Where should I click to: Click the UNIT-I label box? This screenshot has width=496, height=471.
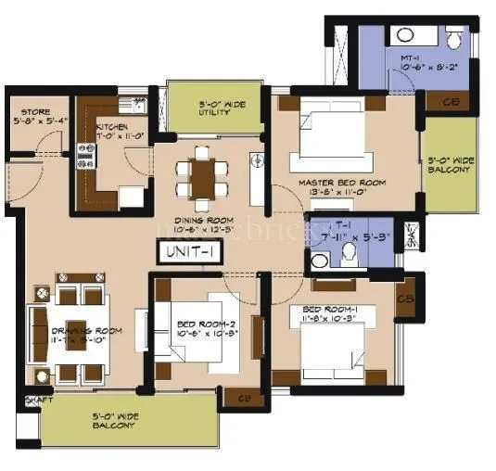point(190,251)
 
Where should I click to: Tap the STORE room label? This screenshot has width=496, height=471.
point(31,113)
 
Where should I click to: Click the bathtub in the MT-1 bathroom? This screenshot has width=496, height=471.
point(404,36)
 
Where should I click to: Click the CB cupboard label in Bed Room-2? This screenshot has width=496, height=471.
point(244,399)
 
